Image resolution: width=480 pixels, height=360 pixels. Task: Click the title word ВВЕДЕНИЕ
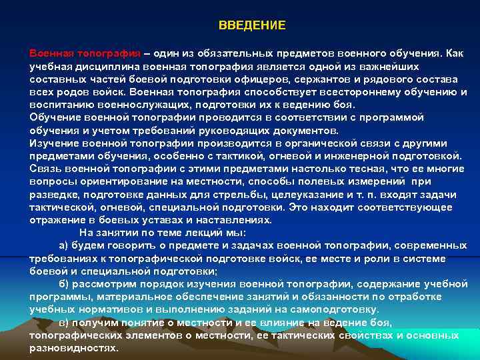[x=252, y=25]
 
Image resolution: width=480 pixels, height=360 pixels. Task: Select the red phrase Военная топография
[x=85, y=53]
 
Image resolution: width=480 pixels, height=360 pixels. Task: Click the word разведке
[x=51, y=194]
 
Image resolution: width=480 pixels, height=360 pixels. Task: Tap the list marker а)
[x=64, y=245]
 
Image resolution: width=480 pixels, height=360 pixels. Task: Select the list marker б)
[x=64, y=284]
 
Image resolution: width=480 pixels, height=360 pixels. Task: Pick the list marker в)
[x=64, y=323]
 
